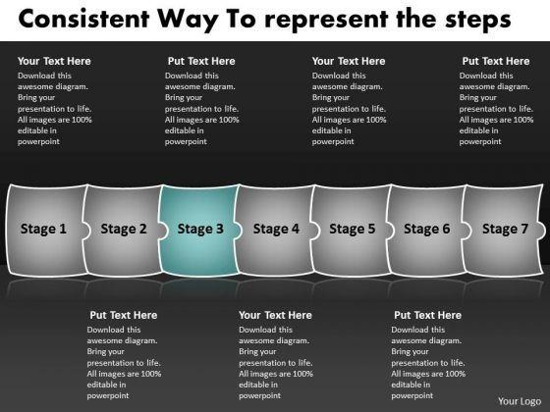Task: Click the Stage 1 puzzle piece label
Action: click(43, 229)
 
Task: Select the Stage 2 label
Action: click(124, 229)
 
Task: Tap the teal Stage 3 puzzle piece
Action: click(199, 231)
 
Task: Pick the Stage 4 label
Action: click(276, 229)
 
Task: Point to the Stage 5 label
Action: click(353, 229)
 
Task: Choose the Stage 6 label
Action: click(427, 229)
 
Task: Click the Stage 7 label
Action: click(505, 229)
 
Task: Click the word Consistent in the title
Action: click(83, 19)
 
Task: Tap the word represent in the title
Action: click(326, 21)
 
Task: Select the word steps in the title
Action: click(478, 21)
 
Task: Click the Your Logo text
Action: click(520, 401)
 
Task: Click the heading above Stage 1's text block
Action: click(54, 61)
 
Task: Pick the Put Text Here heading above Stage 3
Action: click(201, 61)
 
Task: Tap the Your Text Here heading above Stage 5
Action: click(349, 61)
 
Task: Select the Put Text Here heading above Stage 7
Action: click(496, 61)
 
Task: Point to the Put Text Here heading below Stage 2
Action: click(124, 315)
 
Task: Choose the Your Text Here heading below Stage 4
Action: click(275, 315)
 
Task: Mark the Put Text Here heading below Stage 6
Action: click(427, 315)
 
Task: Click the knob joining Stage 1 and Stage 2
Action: click(86, 231)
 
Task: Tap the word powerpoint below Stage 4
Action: click(260, 396)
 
